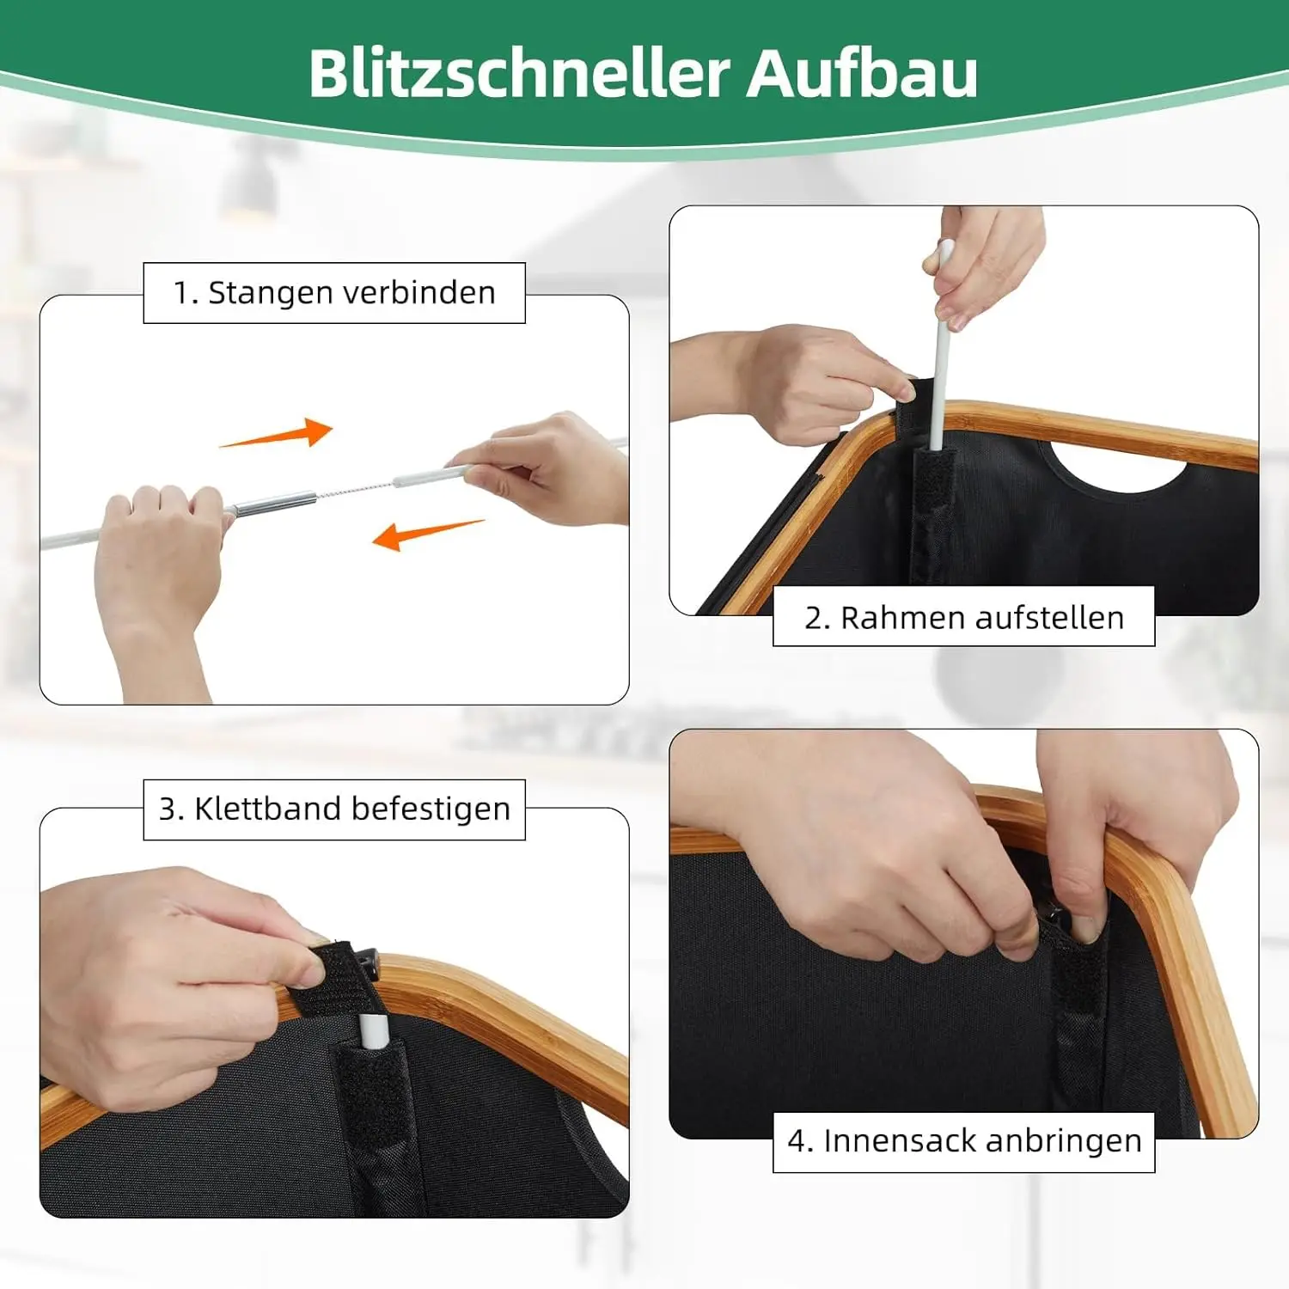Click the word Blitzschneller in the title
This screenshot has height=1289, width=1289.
(x=519, y=73)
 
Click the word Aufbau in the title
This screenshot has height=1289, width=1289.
(x=862, y=73)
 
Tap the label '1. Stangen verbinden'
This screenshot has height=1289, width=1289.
(x=334, y=293)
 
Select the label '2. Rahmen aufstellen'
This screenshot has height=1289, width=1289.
(x=964, y=618)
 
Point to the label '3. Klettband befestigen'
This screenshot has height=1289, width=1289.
(x=334, y=809)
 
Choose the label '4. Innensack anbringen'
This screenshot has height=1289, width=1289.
(x=964, y=1141)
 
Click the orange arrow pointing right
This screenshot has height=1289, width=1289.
(x=277, y=434)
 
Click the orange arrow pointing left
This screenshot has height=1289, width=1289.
(x=427, y=535)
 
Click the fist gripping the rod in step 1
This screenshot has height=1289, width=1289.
(x=159, y=550)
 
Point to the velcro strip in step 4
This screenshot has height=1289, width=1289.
(x=1078, y=988)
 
